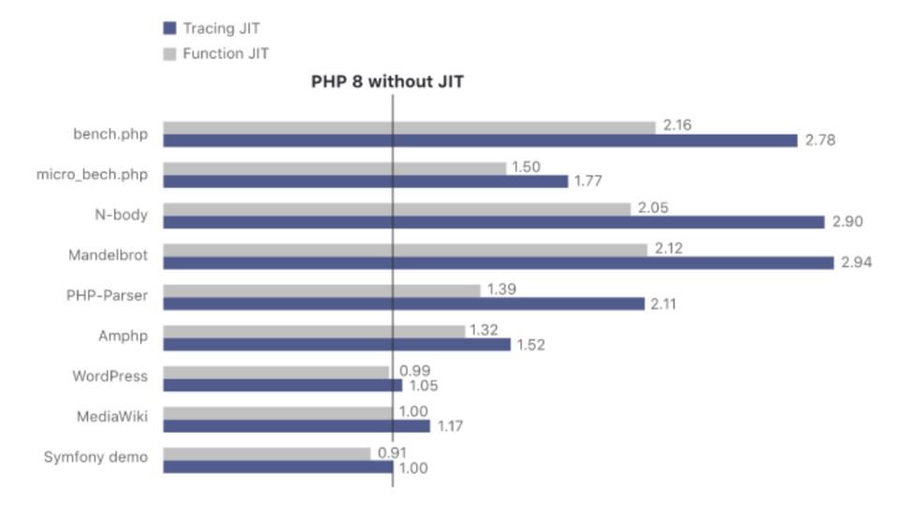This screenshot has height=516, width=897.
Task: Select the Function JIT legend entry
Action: [x=215, y=53]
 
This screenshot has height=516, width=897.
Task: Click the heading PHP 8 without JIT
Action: [x=387, y=81]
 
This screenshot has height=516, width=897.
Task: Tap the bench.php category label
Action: [x=110, y=134]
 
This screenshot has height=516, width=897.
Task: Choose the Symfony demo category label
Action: [x=95, y=457]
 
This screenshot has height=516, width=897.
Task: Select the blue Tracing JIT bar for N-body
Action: [x=494, y=222]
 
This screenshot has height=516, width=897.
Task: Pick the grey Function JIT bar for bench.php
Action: [x=410, y=127]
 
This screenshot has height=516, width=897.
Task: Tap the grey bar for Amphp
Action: [x=313, y=331]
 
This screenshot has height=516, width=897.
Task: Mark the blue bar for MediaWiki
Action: [x=297, y=425]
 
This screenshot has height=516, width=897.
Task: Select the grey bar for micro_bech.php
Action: [x=335, y=168]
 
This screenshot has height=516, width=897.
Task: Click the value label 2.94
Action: [x=857, y=263]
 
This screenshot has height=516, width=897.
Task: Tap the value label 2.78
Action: [x=818, y=140]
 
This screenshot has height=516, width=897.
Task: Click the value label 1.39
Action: [x=503, y=291]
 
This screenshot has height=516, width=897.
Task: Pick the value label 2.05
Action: [x=654, y=208]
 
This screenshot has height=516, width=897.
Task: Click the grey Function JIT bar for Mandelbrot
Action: [x=405, y=250]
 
